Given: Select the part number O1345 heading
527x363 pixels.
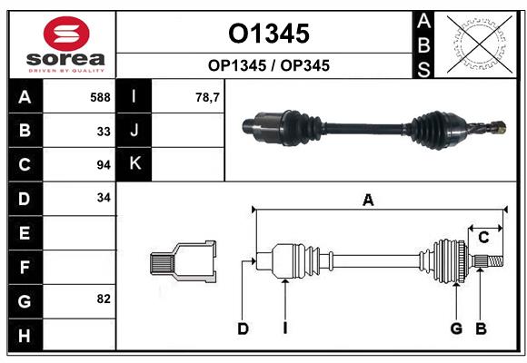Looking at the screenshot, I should [268, 34].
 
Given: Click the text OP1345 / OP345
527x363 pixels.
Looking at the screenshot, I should [268, 65].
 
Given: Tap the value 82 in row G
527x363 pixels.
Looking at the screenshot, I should [101, 299].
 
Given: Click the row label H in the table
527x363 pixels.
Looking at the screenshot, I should [25, 336].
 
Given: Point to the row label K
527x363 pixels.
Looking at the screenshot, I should [134, 163].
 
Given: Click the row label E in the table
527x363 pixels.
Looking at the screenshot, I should [25, 233].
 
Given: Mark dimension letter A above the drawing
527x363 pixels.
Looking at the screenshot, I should [368, 201].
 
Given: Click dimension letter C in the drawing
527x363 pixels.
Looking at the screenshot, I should [483, 238].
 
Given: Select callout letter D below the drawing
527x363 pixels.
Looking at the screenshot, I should [243, 329].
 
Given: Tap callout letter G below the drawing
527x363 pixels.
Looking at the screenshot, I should [456, 329].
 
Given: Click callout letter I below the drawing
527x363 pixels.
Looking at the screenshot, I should [284, 329].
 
